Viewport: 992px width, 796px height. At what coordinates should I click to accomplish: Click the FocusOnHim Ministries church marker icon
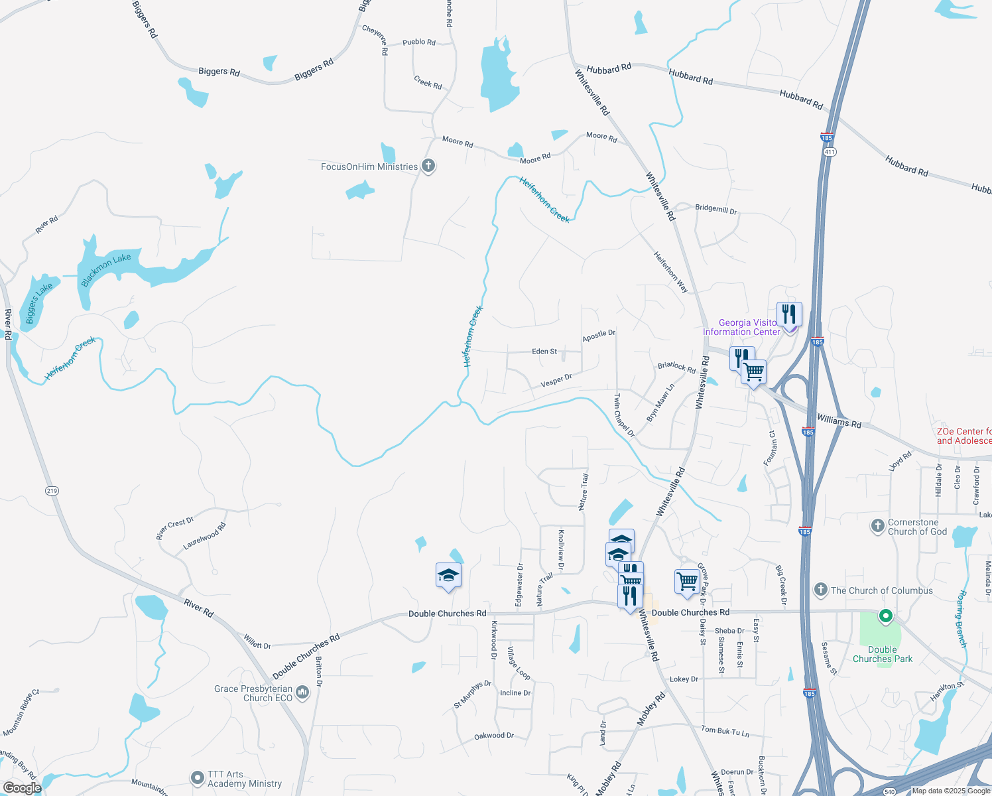(428, 166)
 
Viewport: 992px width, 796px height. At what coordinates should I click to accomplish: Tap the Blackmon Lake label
(106, 270)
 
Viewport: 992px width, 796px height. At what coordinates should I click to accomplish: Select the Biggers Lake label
(39, 303)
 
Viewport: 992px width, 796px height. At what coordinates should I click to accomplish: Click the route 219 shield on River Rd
(52, 491)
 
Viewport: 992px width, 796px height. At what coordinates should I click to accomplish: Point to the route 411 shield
(831, 152)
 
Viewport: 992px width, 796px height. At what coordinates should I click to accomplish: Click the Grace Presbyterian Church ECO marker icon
(302, 693)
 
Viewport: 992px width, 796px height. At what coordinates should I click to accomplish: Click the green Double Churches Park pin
(885, 616)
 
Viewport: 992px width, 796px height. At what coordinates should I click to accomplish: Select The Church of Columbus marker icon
(821, 590)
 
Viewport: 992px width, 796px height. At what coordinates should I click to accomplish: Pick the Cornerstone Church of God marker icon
(878, 527)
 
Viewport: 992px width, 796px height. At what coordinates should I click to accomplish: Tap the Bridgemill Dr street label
(715, 209)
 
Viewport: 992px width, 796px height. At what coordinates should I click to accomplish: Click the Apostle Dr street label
(599, 336)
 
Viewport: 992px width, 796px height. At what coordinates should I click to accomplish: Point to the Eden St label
(544, 352)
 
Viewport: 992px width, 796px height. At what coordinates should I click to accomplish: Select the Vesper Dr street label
(556, 380)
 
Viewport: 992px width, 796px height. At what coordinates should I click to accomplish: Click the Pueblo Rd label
(419, 42)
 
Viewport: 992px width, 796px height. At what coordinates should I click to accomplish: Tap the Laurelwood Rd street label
(204, 536)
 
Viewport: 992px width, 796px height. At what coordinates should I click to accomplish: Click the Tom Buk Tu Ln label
(725, 730)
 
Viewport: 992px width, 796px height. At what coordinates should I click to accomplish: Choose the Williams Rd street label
(839, 421)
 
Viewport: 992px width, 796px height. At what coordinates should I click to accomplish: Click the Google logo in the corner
(22, 787)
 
